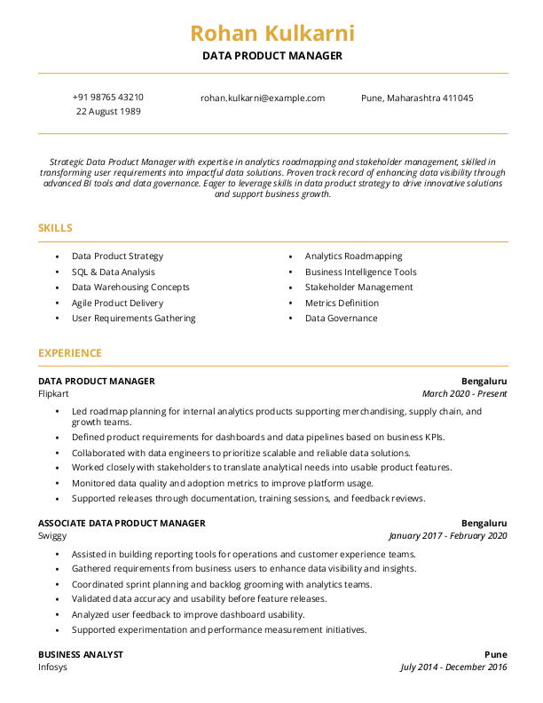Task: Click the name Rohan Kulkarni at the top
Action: [x=271, y=34]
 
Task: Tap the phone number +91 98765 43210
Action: [x=108, y=98]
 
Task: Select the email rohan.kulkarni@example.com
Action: [x=263, y=98]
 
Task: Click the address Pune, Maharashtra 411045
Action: [x=417, y=98]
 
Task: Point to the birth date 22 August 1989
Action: [x=108, y=112]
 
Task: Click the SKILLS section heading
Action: [x=55, y=228]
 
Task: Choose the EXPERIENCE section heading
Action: [x=70, y=352]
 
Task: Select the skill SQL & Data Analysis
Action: [x=114, y=272]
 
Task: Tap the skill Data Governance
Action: [x=342, y=318]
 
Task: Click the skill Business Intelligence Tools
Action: [x=361, y=272]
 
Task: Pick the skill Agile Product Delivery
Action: [x=118, y=303]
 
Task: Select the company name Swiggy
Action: [x=52, y=536]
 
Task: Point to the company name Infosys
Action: [x=53, y=667]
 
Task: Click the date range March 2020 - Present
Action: [x=465, y=392]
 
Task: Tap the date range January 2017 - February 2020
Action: [x=448, y=536]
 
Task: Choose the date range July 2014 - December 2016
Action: [x=453, y=667]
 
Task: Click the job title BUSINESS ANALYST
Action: [x=81, y=654]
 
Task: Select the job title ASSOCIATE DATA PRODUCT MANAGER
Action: [x=122, y=523]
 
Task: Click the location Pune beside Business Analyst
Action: [x=496, y=654]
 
